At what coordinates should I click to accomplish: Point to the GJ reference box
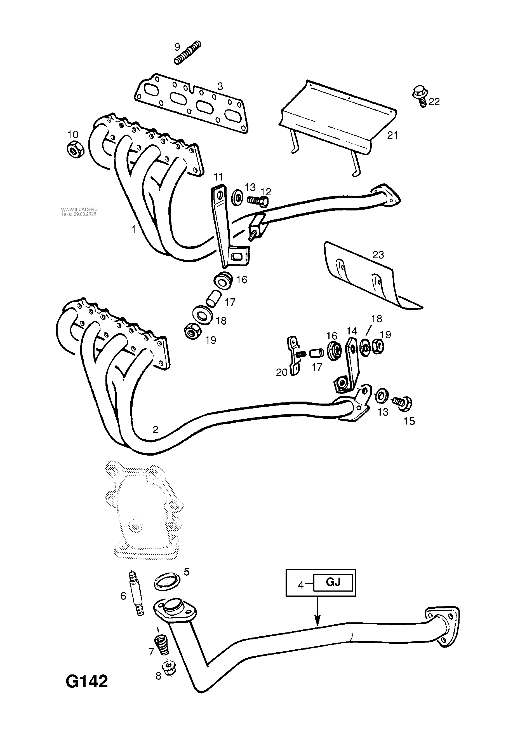pos(333,582)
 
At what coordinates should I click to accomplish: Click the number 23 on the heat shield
pos(378,255)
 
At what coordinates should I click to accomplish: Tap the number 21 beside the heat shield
pos(392,136)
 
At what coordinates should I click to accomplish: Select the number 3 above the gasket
pos(220,86)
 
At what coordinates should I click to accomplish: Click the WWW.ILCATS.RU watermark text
pos(79,209)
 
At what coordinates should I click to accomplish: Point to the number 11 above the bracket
pos(218,177)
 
